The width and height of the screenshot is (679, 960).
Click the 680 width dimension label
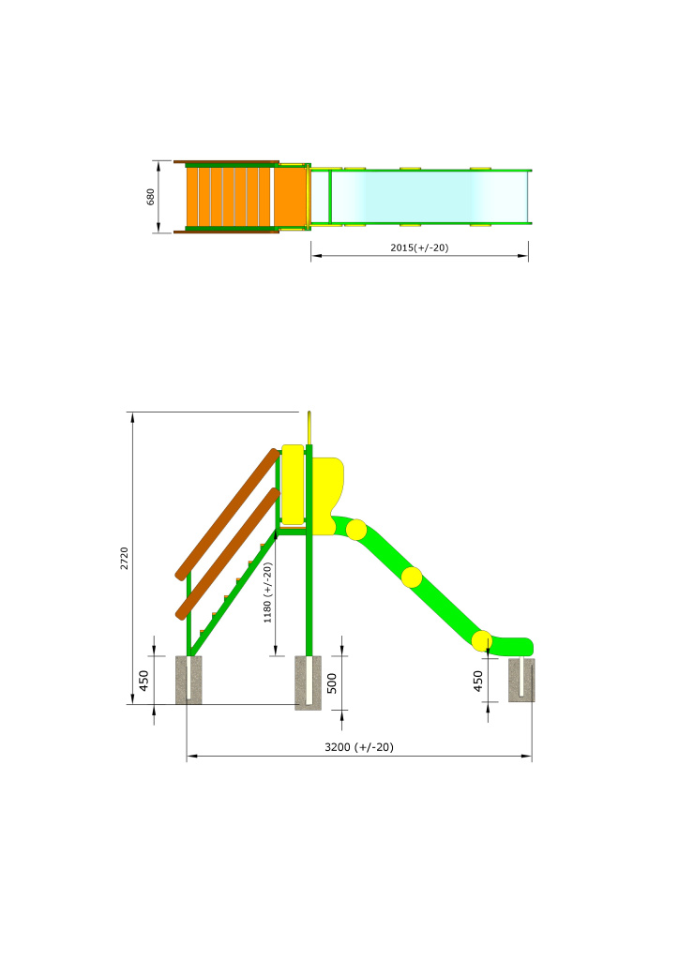click(151, 197)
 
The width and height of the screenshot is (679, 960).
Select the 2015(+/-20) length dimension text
click(419, 247)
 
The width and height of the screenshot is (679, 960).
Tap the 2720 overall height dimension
click(125, 559)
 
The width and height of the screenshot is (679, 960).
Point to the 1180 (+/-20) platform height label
click(267, 592)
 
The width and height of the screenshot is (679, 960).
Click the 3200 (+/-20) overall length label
click(359, 747)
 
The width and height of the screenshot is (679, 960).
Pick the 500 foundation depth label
click(332, 683)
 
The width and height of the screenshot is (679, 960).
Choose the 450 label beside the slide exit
click(478, 681)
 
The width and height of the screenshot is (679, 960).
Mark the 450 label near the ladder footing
click(143, 681)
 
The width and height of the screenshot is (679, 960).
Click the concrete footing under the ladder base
click(189, 681)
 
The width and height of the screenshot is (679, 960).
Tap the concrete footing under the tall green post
click(308, 683)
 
